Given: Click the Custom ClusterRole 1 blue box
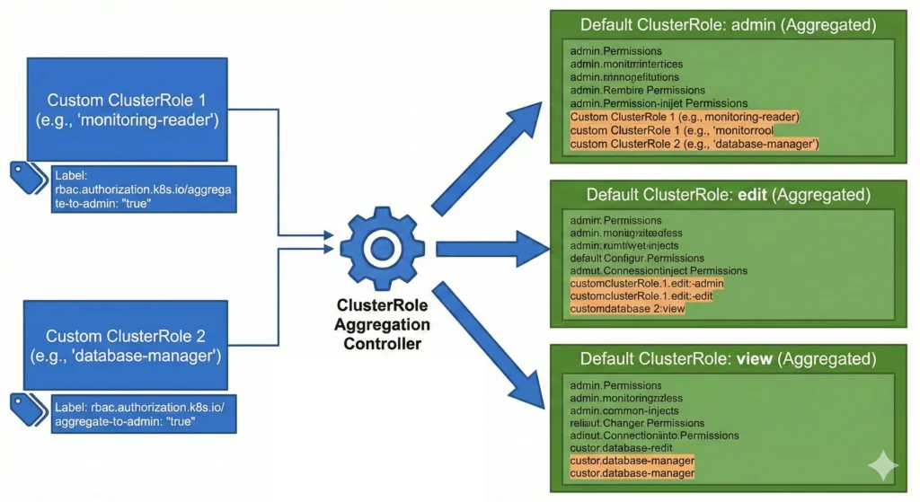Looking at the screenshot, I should point(127,109).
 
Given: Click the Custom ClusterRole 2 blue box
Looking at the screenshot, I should point(127,345).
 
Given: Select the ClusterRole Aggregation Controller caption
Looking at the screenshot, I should point(382,323).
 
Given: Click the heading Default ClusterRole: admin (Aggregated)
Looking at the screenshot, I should point(728,25).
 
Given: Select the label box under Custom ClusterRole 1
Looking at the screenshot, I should point(144,189).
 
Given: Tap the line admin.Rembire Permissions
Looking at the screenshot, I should point(637,90).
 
